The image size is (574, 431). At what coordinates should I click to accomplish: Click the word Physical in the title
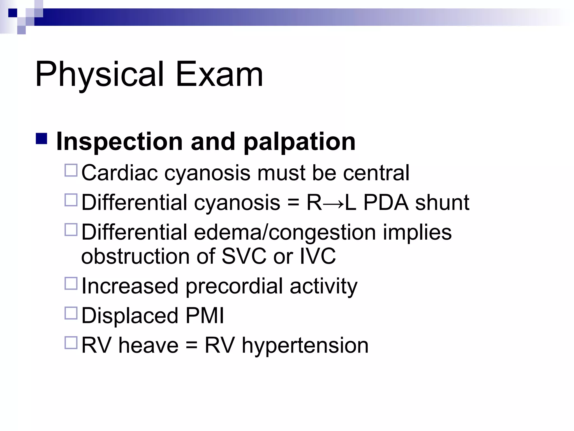pos(99,74)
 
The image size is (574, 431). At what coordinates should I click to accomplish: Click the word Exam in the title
pos(219,74)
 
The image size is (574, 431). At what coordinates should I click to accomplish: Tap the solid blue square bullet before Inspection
pos(41,139)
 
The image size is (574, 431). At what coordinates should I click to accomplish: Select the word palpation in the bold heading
pos(299,142)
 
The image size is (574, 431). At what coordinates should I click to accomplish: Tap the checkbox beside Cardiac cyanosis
pos(71,170)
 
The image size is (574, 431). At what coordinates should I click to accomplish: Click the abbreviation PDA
pos(386,202)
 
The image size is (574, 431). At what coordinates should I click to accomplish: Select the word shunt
pos(442,202)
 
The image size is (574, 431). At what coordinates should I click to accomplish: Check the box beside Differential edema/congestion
pos(71,230)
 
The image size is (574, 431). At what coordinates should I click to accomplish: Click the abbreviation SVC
pos(244,256)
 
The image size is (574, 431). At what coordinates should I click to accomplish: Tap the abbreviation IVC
pos(317,256)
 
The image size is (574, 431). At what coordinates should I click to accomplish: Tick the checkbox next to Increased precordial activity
pos(71,283)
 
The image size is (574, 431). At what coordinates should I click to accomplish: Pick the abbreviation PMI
pos(205,316)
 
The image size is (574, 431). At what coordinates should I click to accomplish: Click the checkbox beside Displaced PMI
pos(71,313)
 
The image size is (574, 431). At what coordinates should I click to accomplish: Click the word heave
pos(148,345)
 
